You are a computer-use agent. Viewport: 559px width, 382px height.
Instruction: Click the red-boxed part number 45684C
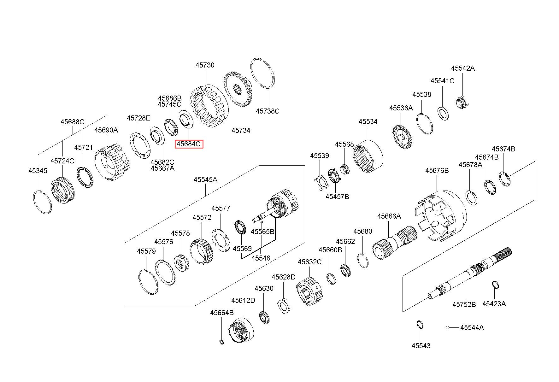[x=189, y=144]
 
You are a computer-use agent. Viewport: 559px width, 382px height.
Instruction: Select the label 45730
[x=205, y=65]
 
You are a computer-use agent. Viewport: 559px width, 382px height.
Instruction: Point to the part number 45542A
[x=462, y=68]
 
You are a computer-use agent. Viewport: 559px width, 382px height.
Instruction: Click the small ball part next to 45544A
[x=447, y=327]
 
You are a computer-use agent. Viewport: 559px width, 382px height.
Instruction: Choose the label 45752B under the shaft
[x=464, y=304]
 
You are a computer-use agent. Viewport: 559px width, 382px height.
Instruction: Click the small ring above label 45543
[x=420, y=325]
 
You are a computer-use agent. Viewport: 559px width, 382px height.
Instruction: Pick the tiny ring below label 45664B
[x=221, y=342]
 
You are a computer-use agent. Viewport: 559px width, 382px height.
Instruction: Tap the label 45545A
[x=205, y=179]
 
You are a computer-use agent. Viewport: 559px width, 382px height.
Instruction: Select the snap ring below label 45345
[x=42, y=202]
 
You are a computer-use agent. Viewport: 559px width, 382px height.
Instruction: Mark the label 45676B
[x=437, y=170]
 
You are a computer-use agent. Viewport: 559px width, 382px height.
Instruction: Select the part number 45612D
[x=243, y=300]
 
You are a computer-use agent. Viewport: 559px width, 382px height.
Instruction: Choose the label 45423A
[x=494, y=304]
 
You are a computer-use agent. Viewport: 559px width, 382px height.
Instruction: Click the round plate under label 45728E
[x=140, y=145]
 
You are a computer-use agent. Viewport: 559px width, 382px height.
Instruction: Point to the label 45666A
[x=389, y=216]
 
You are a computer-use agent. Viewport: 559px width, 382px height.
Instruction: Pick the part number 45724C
[x=62, y=161]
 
